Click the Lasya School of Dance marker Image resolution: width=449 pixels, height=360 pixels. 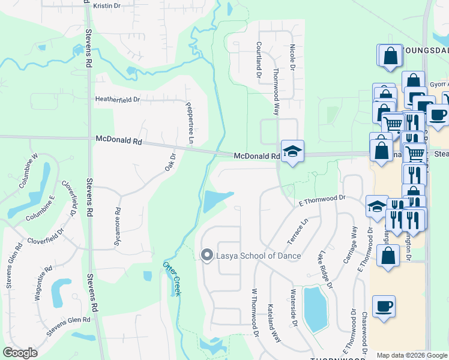pos(207,256)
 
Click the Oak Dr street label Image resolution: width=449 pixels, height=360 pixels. pos(170,162)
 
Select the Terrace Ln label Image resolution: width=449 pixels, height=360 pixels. pos(297,231)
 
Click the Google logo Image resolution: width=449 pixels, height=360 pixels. pos(20,352)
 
